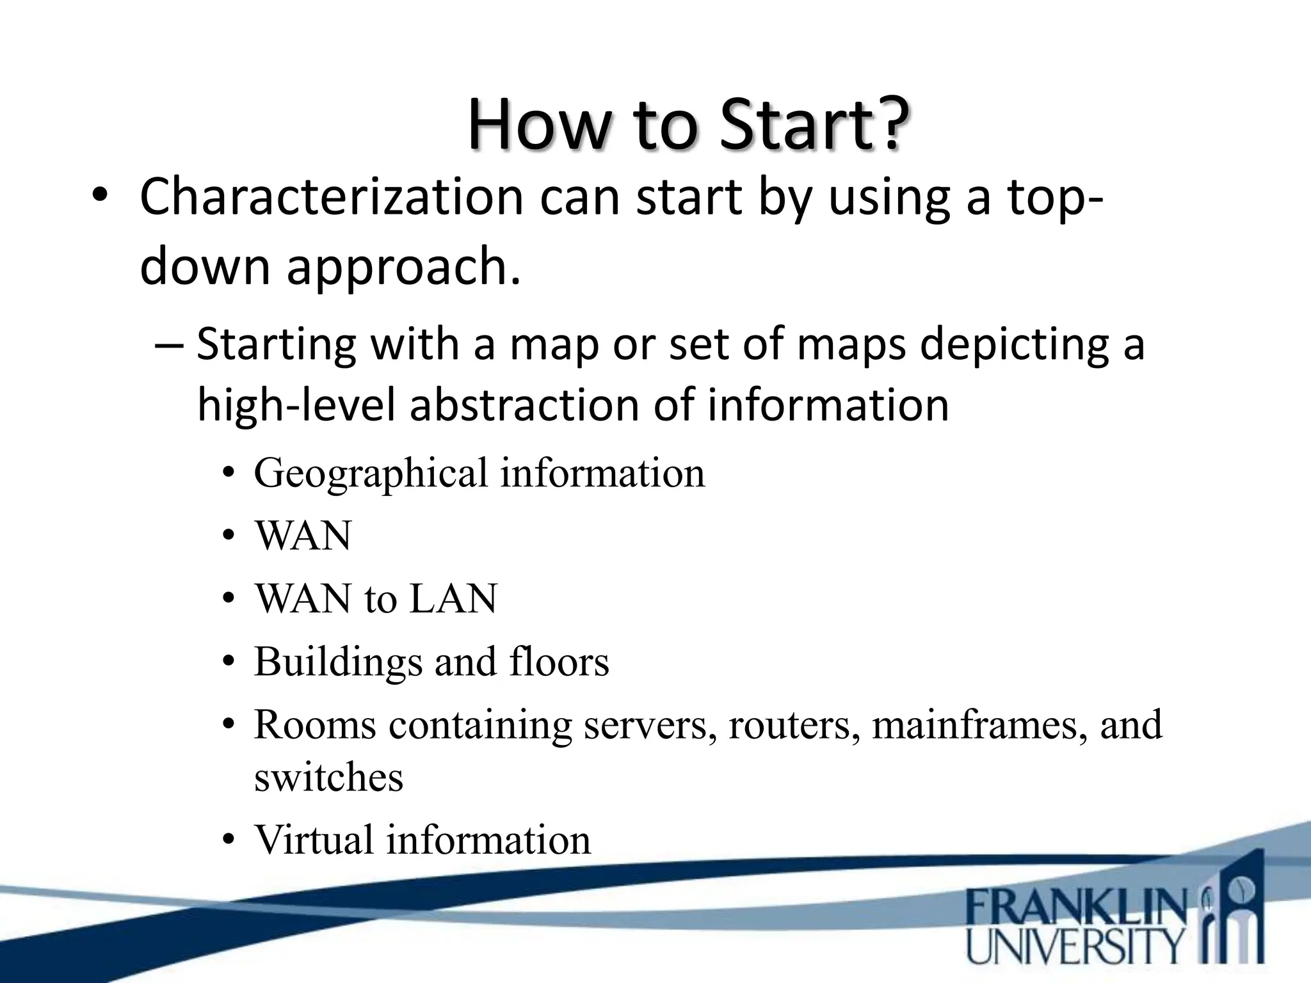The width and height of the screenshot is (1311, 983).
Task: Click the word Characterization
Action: [331, 196]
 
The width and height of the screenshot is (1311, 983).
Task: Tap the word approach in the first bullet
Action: [403, 266]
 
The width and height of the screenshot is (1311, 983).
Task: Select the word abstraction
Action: [524, 405]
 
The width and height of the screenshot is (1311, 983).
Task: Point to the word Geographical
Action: [371, 474]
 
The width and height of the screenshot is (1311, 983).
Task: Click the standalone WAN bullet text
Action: [303, 536]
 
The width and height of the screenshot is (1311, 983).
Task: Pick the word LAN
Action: [453, 599]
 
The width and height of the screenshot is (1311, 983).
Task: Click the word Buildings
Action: [338, 662]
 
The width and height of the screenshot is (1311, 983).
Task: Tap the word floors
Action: [559, 662]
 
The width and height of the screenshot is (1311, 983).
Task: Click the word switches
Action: [328, 778]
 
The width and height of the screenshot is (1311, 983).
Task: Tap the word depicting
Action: [1014, 344]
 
